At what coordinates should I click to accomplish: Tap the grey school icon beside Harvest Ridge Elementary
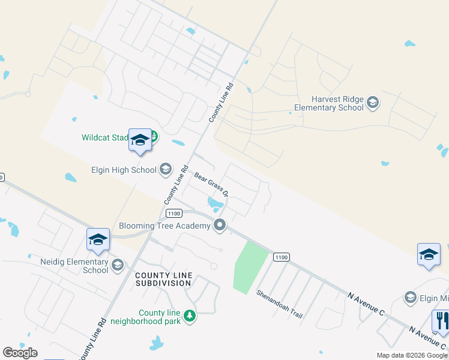372,103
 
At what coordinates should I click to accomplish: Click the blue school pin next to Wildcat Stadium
140,142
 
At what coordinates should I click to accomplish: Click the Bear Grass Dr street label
211,185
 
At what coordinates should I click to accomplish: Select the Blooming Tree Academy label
164,226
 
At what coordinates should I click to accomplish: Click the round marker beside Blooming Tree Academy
220,226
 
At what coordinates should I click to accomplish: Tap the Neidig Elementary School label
75,266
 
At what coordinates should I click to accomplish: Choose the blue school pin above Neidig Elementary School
98,240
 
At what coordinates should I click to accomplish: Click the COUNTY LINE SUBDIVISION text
163,279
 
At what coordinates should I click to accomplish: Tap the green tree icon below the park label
190,316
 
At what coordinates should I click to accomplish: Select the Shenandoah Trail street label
280,304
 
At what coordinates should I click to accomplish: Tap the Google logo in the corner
20,353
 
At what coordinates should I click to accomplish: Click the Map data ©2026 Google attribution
412,355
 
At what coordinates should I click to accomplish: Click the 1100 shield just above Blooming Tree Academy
175,214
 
